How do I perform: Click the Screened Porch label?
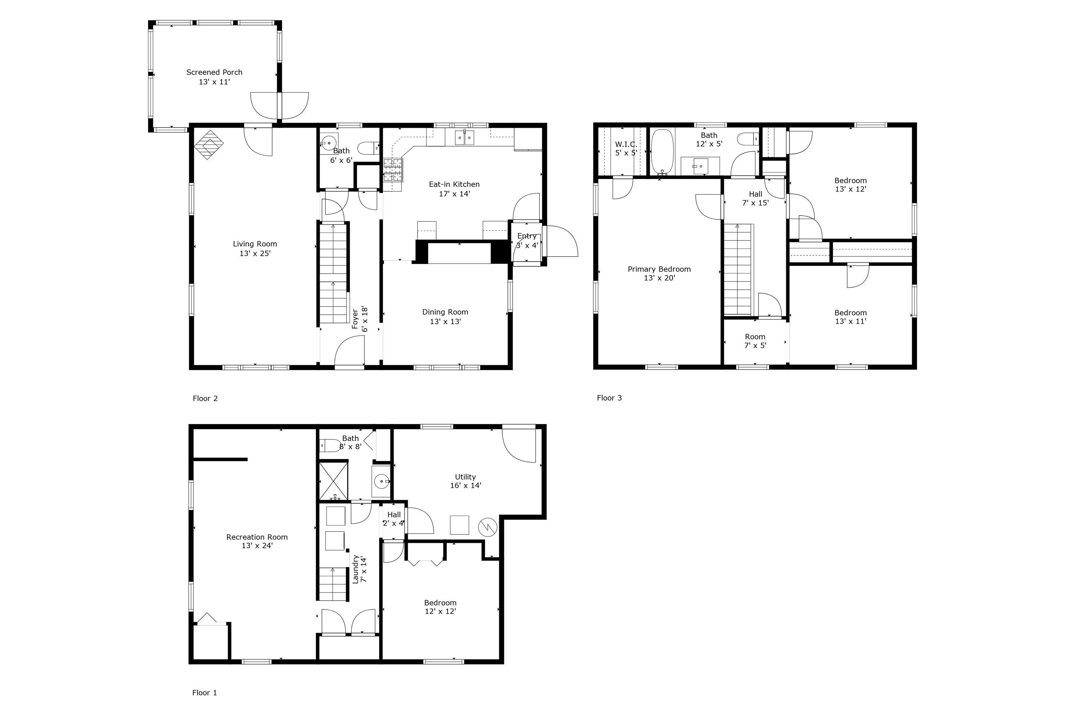click(214, 77)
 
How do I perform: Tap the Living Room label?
click(255, 248)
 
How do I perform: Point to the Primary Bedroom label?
click(659, 273)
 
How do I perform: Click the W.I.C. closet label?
click(626, 148)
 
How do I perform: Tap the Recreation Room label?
click(257, 541)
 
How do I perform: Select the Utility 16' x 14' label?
click(465, 481)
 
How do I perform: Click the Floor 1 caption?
click(205, 692)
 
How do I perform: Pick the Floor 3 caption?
click(609, 397)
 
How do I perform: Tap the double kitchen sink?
click(464, 137)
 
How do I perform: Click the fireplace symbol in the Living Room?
click(209, 145)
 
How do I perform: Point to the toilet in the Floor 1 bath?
click(330, 446)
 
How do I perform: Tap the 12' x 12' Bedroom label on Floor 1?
click(440, 606)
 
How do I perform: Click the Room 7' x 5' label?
click(755, 341)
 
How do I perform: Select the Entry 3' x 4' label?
click(527, 241)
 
